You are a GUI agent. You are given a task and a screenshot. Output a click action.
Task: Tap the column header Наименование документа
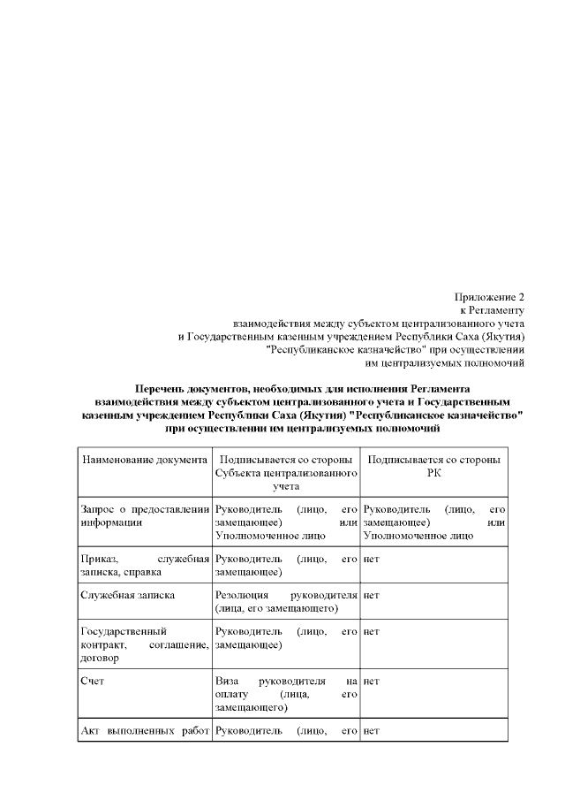tap(144, 461)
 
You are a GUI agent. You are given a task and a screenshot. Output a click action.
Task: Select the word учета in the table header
tap(286, 485)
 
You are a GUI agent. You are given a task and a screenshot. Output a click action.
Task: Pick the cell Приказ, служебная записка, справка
tap(144, 566)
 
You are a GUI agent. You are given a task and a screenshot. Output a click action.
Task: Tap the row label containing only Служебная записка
tap(116, 595)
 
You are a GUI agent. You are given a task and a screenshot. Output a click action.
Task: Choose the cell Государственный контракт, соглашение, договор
tap(144, 644)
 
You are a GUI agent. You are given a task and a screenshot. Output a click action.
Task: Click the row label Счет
tap(92, 682)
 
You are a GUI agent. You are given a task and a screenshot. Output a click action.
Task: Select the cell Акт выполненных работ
tap(144, 731)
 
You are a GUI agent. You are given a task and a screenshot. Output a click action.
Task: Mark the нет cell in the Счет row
tap(372, 682)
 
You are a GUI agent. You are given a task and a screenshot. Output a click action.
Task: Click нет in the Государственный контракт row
tap(372, 632)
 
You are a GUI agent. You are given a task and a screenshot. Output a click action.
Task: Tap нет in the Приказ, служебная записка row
tap(372, 560)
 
